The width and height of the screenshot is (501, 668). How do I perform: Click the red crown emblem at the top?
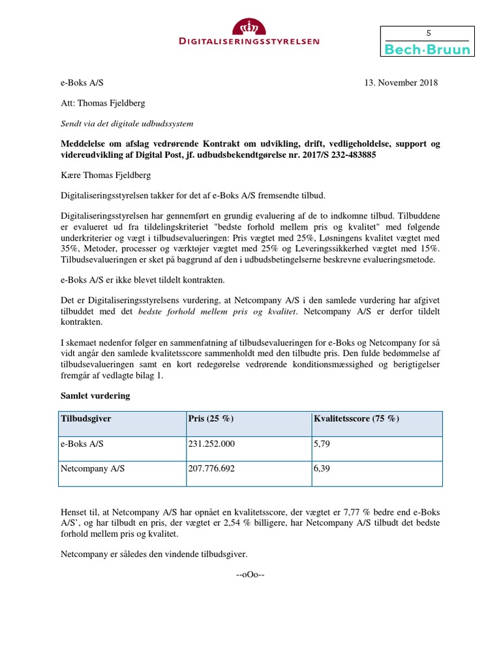click(250, 27)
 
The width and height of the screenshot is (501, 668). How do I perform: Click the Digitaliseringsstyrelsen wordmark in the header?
click(250, 41)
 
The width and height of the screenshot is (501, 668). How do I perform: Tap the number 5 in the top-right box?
click(428, 33)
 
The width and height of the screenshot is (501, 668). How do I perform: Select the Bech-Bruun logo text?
click(428, 50)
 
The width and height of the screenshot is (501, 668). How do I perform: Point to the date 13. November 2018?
click(401, 83)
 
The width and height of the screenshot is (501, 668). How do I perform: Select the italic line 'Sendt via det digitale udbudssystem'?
click(127, 123)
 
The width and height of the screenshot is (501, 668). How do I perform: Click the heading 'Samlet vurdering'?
click(95, 395)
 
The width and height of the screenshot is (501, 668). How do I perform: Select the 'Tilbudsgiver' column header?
click(85, 419)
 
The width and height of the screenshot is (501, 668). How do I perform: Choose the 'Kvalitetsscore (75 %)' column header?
click(356, 419)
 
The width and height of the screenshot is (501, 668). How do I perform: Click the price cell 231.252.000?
click(211, 444)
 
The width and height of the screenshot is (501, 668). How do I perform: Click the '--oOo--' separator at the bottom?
click(250, 574)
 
